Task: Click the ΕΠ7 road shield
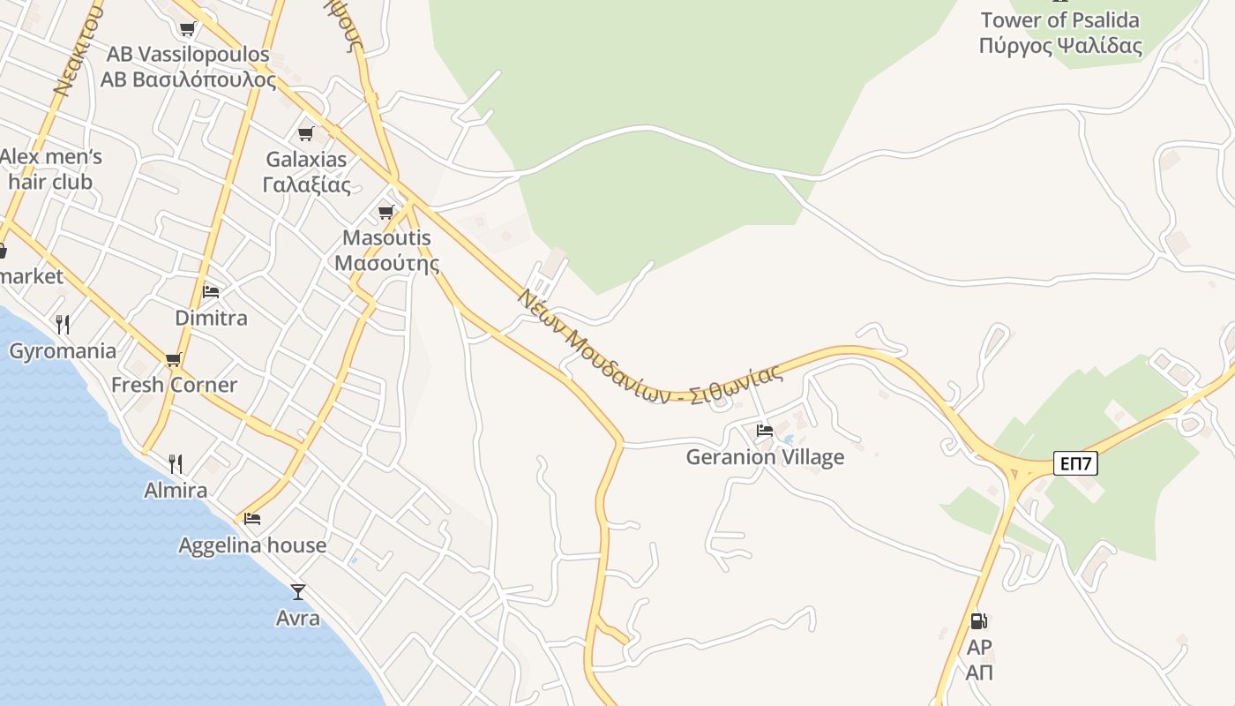click(x=1075, y=463)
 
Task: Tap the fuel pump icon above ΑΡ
click(x=978, y=621)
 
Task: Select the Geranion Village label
click(x=765, y=457)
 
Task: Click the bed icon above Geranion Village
click(x=765, y=431)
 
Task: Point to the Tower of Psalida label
click(x=1059, y=20)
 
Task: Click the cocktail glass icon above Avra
click(x=298, y=592)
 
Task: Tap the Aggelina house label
click(x=252, y=545)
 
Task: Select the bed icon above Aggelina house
click(x=252, y=519)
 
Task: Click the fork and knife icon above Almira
click(x=176, y=463)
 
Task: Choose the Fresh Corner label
click(x=174, y=385)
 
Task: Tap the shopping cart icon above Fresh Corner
click(x=174, y=359)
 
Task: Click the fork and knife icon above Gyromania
click(x=63, y=324)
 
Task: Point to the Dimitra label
click(x=211, y=318)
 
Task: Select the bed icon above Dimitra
click(x=211, y=291)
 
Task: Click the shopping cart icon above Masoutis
click(x=385, y=212)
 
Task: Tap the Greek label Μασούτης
click(x=386, y=263)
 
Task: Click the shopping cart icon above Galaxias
click(x=306, y=134)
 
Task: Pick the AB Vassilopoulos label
click(x=188, y=55)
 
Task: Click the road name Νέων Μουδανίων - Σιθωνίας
click(x=650, y=349)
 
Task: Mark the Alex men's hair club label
click(x=51, y=169)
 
